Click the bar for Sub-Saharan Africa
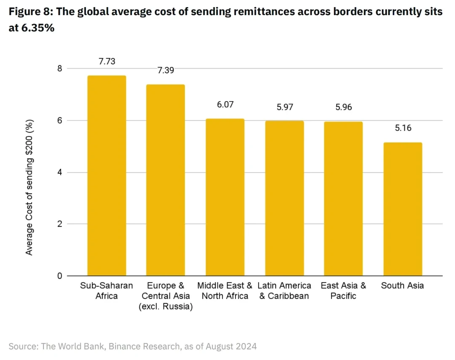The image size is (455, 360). (x=107, y=176)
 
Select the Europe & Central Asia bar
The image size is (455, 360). (x=166, y=180)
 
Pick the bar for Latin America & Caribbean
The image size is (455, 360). (x=284, y=198)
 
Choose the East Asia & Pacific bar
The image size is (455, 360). (x=343, y=199)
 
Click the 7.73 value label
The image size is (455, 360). (x=107, y=61)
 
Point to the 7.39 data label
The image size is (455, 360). (x=166, y=70)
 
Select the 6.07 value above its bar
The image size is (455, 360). (x=225, y=105)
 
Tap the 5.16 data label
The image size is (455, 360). (x=403, y=128)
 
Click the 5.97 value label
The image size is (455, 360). (x=284, y=107)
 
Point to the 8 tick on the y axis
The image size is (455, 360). (x=59, y=69)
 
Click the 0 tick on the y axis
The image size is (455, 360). (x=59, y=276)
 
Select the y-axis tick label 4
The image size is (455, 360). (x=59, y=173)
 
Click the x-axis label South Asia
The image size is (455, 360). (x=402, y=285)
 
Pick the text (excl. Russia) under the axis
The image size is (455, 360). (x=166, y=307)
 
